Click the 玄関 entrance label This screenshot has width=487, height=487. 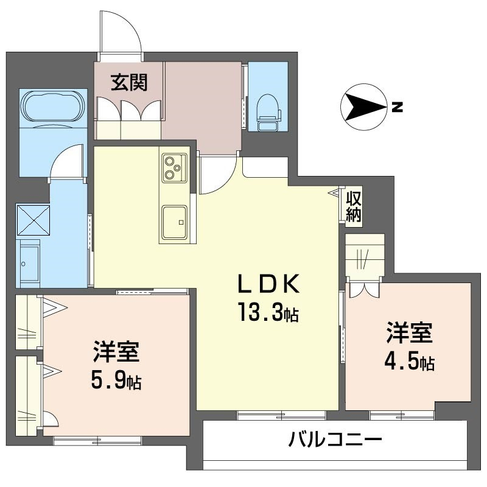pos(128,83)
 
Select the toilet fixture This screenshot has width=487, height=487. pos(268,110)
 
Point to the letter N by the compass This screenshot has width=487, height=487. pos(396,108)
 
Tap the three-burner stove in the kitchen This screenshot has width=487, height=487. pos(173,167)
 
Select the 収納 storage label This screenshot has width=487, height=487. pos(354,206)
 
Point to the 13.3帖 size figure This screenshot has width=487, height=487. pos(268,314)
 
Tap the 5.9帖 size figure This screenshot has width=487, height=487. pos(116,381)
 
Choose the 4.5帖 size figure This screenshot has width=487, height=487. pos(408,362)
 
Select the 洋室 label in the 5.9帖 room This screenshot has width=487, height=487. pos(116,352)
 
